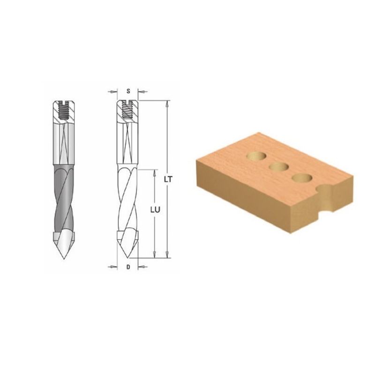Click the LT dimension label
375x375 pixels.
[x=168, y=180]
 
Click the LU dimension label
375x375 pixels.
[x=155, y=210]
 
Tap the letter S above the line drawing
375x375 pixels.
[x=128, y=91]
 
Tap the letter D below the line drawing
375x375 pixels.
[x=128, y=267]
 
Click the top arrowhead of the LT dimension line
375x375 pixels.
[x=168, y=103]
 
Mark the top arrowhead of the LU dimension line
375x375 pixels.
[x=155, y=172]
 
